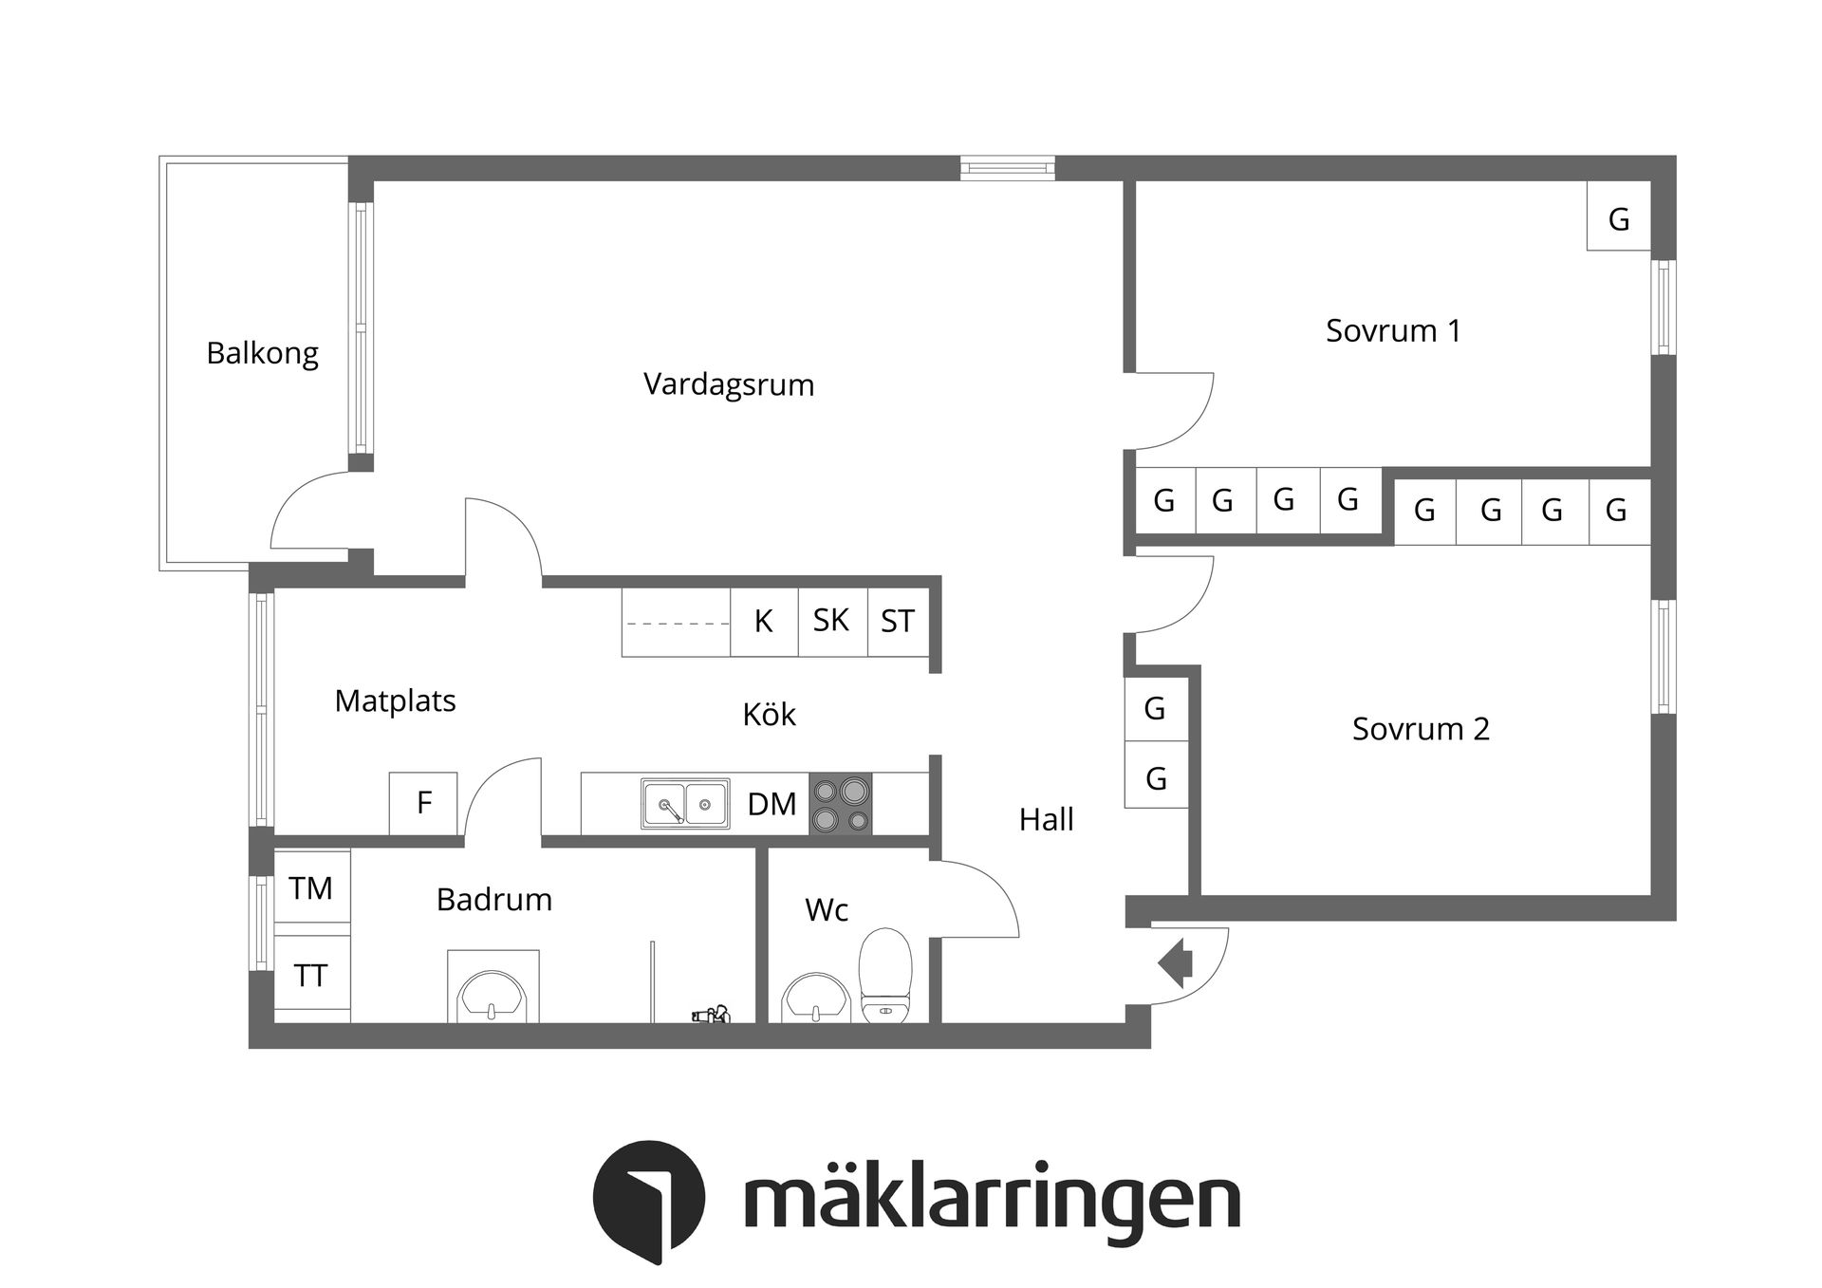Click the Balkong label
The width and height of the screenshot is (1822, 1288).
coord(262,353)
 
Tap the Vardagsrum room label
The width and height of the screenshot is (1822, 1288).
coord(728,384)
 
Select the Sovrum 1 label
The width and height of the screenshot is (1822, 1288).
coord(1392,330)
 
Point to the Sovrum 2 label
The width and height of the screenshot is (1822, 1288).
coord(1420,729)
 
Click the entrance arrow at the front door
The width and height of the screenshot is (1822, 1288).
coord(1176,963)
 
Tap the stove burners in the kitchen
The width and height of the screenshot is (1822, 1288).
coord(841,805)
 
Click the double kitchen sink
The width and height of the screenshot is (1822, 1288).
coord(685,805)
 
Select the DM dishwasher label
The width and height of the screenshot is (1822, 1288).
coord(772,805)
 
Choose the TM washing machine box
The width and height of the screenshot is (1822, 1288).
coord(311,888)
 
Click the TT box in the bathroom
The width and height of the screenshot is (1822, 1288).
coord(311,976)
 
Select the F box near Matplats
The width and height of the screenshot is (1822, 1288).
coord(423,803)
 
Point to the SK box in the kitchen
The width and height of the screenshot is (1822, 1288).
coord(831,621)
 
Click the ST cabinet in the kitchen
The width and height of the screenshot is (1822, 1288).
coord(897,622)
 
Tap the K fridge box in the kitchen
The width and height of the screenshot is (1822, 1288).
coord(763,622)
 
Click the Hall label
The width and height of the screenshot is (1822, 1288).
coord(1046,819)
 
